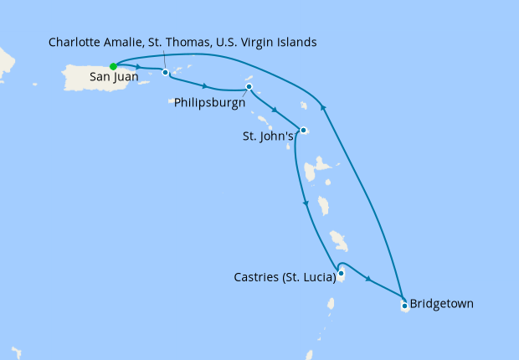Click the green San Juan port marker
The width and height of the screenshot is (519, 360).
click(113, 66)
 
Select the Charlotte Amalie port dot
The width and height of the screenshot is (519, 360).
click(166, 73)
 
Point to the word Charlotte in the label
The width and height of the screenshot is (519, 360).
click(77, 41)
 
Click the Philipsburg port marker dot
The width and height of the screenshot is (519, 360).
click(249, 87)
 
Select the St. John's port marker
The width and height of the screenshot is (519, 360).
click(304, 130)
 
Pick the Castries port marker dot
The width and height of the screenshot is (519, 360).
click(341, 273)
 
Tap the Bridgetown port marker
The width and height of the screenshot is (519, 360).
click(404, 306)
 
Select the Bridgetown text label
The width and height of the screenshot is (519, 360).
click(442, 303)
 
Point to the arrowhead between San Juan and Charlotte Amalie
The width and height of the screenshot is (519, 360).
click(136, 66)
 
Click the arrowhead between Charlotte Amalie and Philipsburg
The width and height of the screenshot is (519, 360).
click(205, 85)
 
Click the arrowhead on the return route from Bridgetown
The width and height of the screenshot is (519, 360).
click(324, 106)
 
